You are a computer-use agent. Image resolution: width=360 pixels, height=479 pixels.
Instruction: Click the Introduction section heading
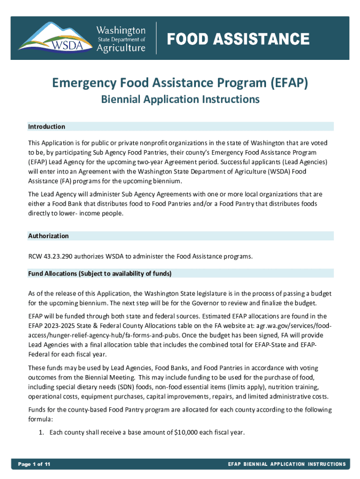[46, 127]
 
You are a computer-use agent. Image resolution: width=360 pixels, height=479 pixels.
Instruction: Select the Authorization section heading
[48, 236]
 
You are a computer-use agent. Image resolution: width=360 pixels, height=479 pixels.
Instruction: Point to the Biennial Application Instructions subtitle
[180, 99]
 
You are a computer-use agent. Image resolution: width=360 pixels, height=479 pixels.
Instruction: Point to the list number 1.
[41, 432]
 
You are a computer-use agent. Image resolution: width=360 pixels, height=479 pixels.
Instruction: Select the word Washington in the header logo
[121, 30]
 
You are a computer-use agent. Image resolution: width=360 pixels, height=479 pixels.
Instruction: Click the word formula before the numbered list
[40, 419]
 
